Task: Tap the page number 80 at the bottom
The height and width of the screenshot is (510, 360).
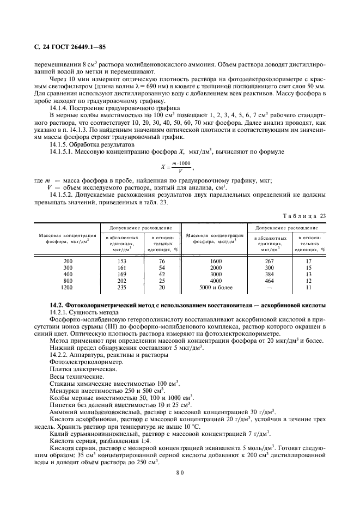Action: coord(180,472)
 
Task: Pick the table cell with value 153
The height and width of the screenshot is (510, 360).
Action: coord(121,261)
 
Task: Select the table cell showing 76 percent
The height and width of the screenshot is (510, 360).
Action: coord(161,261)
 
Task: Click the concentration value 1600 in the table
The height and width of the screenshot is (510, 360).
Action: coord(216,261)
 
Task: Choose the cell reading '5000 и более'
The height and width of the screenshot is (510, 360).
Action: coord(216,287)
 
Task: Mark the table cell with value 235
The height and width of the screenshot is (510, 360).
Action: coord(121,287)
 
